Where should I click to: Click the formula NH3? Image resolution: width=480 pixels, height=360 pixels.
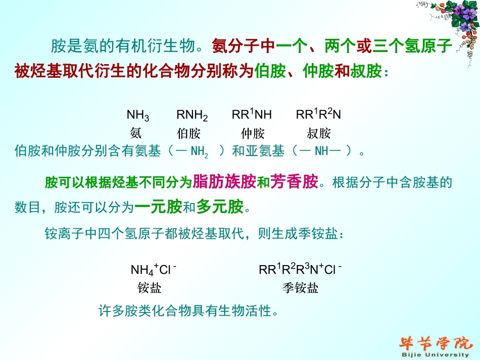[137, 116]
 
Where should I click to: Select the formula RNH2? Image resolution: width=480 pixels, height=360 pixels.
[192, 116]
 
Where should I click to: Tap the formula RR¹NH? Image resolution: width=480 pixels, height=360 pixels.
[252, 115]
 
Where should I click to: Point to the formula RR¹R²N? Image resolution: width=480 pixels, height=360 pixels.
[318, 115]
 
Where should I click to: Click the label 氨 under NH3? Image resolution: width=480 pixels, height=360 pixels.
[136, 133]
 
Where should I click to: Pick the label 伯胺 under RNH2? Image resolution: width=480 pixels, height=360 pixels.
[188, 133]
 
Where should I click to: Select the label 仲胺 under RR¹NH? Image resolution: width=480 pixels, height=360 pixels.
[253, 133]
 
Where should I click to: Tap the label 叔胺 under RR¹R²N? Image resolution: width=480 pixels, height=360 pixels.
[318, 133]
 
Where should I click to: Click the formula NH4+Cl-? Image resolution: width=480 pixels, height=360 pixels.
[153, 269]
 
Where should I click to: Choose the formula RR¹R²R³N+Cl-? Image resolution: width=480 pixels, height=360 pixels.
[300, 269]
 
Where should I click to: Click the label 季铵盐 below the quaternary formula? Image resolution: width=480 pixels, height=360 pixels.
[300, 288]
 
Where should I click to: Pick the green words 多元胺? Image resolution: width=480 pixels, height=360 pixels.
[220, 207]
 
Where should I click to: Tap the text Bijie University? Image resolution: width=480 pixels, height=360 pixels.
[435, 355]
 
